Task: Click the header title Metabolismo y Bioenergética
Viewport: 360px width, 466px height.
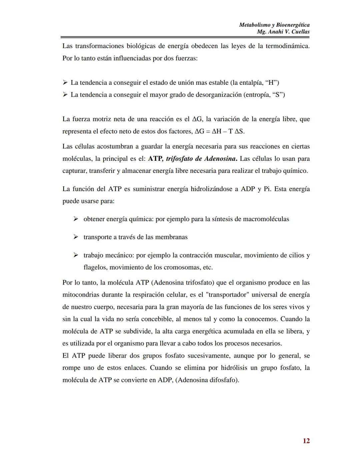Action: (274, 25)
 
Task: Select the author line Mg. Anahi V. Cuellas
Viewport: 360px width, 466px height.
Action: (283, 32)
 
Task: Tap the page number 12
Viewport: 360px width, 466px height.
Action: (306, 441)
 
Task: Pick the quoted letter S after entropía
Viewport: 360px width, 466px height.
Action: (278, 95)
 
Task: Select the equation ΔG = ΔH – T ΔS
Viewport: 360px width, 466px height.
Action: (219, 131)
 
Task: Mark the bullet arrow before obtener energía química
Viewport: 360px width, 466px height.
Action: (76, 219)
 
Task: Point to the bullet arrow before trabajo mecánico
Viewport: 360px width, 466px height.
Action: (76, 255)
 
